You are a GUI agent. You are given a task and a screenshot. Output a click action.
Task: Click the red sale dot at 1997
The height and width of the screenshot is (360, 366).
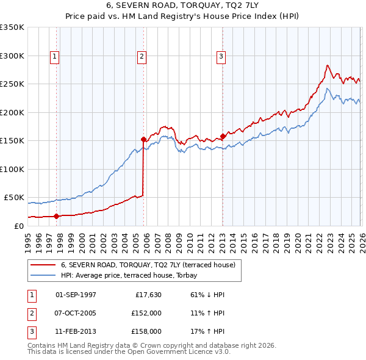point(57,216)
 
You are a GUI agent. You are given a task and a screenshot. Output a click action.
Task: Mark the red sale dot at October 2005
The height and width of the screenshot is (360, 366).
point(143,139)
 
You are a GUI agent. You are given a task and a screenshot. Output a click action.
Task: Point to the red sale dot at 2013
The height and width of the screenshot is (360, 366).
point(223,136)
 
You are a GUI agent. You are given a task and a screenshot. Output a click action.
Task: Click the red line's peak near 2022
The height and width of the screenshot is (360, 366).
point(328,65)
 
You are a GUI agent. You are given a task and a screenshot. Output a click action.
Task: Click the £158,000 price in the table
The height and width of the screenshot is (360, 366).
point(146,331)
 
